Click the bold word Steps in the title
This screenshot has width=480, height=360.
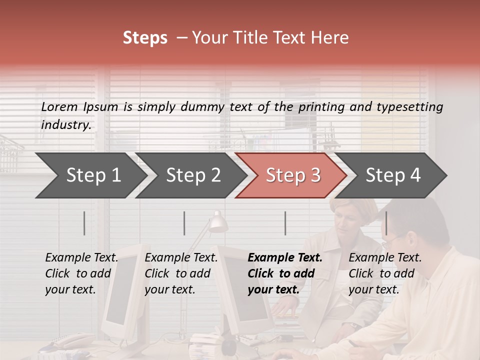pyautogui.click(x=145, y=38)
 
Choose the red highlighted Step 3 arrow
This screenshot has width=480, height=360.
pyautogui.click(x=293, y=175)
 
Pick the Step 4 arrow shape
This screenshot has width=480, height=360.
pyautogui.click(x=393, y=175)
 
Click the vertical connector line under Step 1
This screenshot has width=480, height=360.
pyautogui.click(x=84, y=223)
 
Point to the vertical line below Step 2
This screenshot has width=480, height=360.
pyautogui.click(x=184, y=223)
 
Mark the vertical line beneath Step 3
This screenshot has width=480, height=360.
pyautogui.click(x=285, y=223)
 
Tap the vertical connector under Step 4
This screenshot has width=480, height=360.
pyautogui.click(x=386, y=223)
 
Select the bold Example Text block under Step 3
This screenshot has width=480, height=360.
pyautogui.click(x=285, y=273)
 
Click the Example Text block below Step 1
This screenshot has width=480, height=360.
pyautogui.click(x=81, y=273)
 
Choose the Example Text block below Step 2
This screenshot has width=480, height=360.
pyautogui.click(x=181, y=273)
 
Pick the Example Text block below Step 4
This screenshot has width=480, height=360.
pyautogui.click(x=385, y=273)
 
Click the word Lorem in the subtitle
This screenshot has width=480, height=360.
pyautogui.click(x=59, y=107)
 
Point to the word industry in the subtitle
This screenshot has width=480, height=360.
pyautogui.click(x=65, y=125)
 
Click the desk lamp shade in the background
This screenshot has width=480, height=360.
pyautogui.click(x=218, y=223)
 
